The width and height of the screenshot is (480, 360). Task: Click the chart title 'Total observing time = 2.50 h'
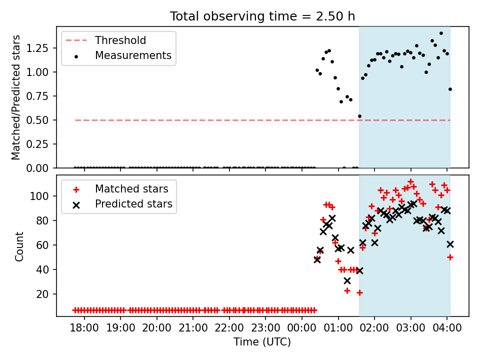coord(262,16)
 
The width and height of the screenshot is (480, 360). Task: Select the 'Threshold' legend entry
coord(105,40)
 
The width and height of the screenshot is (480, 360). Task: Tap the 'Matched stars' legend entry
coord(120,189)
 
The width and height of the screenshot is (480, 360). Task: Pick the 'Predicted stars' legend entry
coord(122,204)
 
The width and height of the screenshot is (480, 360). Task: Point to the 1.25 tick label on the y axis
coord(37,48)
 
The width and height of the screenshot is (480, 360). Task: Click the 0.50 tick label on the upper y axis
coord(37,120)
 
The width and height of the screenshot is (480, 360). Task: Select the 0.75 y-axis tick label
coord(37,96)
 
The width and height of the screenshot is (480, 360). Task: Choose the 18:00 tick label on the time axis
coord(84,328)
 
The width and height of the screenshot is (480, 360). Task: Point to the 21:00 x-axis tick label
coord(193,328)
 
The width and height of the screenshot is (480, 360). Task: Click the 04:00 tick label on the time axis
coord(447,328)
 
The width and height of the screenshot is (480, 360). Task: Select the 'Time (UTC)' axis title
coord(262,341)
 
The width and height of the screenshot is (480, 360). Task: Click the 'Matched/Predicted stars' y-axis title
coord(15,97)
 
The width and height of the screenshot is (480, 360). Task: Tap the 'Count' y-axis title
coord(19,246)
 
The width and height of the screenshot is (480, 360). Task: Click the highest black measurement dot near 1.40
coord(441,33)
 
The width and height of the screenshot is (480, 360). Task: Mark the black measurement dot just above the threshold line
coord(359,116)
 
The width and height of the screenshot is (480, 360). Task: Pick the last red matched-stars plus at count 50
coord(450,257)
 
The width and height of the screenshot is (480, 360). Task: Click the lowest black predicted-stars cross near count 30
coord(347,280)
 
